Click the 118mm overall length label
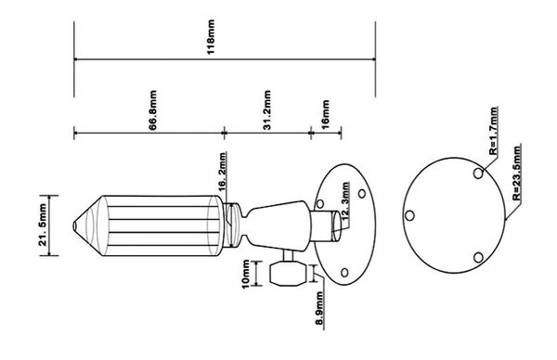click(211, 37)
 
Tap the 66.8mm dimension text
click(152, 110)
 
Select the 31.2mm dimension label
click(267, 110)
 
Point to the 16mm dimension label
click(326, 114)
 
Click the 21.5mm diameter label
click(43, 225)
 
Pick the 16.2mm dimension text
click(223, 172)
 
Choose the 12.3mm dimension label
click(345, 203)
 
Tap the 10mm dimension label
click(246, 275)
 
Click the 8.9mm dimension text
click(319, 308)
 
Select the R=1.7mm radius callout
click(493, 131)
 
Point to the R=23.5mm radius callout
click(516, 173)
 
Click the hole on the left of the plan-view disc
click(409, 215)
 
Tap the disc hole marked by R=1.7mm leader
click(478, 174)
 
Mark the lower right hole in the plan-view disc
click(478, 257)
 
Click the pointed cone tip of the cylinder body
click(74, 225)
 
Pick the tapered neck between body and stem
click(278, 225)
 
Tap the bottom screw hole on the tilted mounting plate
click(344, 273)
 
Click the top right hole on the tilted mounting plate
click(362, 194)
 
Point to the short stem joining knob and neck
click(288, 256)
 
